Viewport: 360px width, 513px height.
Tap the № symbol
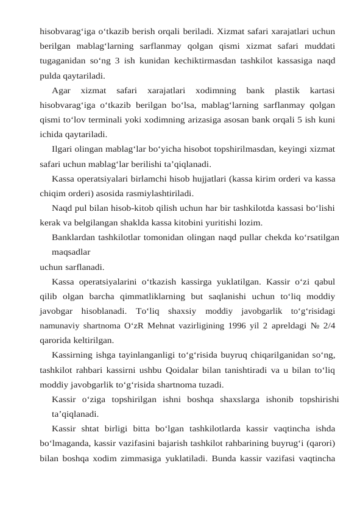(x=311, y=325)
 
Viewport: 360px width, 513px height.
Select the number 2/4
(x=328, y=325)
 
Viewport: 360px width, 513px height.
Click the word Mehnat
(x=150, y=325)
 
